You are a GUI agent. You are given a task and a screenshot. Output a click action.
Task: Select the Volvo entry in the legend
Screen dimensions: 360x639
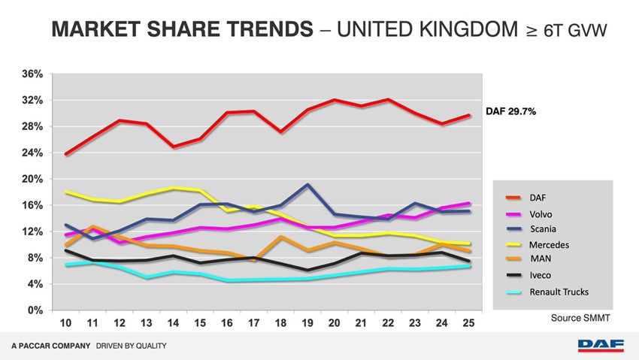(541, 214)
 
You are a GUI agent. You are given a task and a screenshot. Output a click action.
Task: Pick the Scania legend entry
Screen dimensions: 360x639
(543, 228)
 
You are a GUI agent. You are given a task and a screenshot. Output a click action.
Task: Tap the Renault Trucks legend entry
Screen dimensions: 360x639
(557, 292)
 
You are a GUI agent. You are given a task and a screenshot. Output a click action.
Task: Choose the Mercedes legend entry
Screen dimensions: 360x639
(549, 245)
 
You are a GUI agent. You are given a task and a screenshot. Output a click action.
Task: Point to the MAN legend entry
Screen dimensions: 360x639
(541, 259)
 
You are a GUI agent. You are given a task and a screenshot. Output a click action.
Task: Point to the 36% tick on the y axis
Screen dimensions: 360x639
(32, 74)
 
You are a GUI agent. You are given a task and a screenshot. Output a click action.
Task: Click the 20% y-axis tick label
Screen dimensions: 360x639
(32, 179)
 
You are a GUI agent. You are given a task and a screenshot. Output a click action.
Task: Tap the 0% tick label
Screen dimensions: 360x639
(35, 310)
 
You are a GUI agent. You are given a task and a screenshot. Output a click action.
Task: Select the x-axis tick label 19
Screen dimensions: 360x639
(307, 322)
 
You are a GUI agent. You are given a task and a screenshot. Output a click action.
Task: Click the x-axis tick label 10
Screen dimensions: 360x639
(66, 322)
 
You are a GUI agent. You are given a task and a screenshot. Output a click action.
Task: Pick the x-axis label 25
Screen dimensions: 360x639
(469, 322)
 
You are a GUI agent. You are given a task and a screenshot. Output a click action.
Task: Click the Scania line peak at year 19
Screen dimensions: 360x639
(307, 184)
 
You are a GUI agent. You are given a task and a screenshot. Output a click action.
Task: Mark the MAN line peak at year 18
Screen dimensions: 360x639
(280, 237)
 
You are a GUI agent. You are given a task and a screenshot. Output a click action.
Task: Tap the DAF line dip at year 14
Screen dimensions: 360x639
(173, 147)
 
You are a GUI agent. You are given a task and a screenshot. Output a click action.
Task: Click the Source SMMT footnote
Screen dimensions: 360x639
(580, 318)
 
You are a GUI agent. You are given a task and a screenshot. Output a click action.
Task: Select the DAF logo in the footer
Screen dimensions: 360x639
(601, 346)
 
